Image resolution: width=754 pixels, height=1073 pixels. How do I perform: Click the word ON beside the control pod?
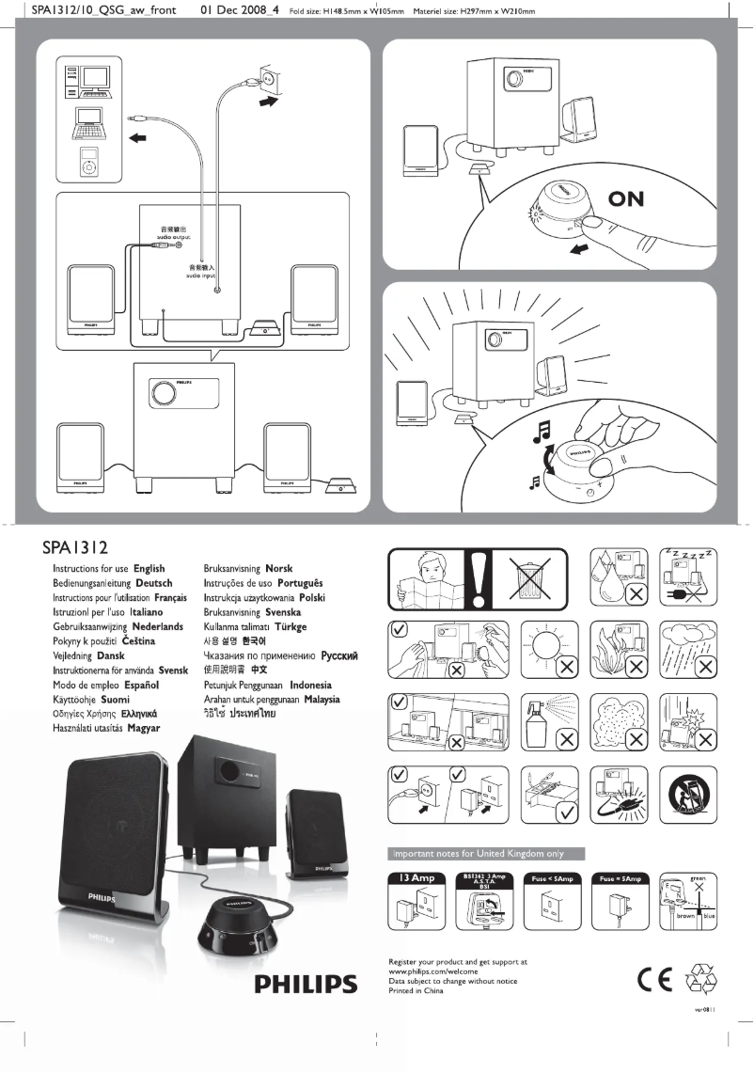coord(638,199)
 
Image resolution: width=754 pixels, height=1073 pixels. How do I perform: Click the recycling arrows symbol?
coord(702,980)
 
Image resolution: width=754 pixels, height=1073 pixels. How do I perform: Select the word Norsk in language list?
coord(279,569)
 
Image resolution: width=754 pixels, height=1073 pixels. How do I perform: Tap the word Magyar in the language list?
coord(145,728)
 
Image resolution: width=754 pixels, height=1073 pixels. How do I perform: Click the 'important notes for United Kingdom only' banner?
coord(487,853)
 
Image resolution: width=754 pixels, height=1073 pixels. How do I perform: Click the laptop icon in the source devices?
coord(87,122)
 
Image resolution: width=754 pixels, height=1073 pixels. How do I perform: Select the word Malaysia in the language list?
coord(315,699)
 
